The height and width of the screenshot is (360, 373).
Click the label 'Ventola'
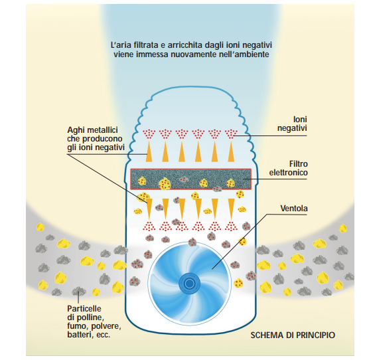(x=294, y=209)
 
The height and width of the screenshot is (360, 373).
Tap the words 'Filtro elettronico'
(x=289, y=168)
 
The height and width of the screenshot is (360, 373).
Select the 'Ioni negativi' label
(x=292, y=124)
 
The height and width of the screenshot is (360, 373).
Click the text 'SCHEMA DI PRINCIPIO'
(x=293, y=335)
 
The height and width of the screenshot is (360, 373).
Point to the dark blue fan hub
(x=189, y=283)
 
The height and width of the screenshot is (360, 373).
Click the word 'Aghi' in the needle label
(x=76, y=130)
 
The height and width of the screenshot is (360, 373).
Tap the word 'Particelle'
(x=84, y=309)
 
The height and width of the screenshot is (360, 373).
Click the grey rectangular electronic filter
(x=190, y=179)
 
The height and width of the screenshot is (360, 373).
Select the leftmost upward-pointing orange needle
(x=149, y=151)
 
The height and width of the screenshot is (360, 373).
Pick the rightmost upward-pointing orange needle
(x=231, y=151)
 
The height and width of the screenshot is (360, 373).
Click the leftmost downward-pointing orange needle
(x=149, y=209)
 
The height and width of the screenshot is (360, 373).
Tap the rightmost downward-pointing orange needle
(x=231, y=209)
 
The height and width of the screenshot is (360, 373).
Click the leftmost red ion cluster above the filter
(x=149, y=134)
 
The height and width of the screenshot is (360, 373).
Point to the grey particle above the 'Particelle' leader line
(x=79, y=291)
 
